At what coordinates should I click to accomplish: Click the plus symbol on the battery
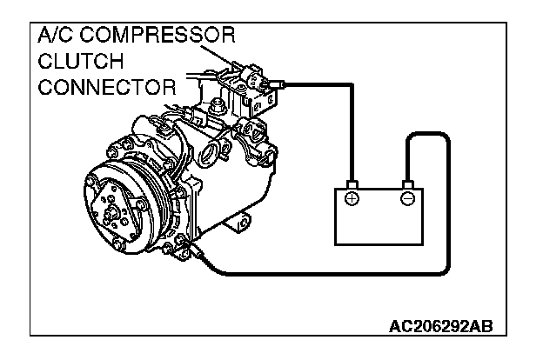click(x=352, y=199)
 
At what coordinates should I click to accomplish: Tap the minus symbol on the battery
click(x=406, y=199)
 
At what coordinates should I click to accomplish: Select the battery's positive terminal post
click(x=352, y=184)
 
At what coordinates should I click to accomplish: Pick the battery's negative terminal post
click(x=406, y=184)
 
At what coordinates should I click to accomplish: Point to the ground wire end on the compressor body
click(x=201, y=253)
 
